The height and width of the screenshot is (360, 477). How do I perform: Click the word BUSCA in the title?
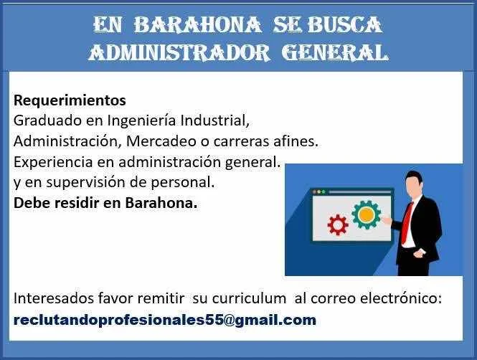(x=345, y=24)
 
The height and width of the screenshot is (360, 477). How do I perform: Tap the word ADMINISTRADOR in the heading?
(x=179, y=52)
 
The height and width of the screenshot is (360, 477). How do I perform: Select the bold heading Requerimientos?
(x=70, y=100)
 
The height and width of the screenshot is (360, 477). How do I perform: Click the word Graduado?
(x=48, y=120)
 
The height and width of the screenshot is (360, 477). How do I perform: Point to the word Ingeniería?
(x=141, y=120)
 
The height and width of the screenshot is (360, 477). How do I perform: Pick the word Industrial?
(x=215, y=120)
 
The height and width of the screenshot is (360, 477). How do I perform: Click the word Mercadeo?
(x=161, y=141)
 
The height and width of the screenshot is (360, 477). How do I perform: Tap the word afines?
(x=296, y=141)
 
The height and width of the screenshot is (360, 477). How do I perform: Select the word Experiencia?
(x=53, y=163)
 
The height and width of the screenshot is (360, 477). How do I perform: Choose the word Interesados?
(x=54, y=298)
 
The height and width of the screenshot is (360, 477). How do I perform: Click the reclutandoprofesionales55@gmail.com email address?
(x=165, y=320)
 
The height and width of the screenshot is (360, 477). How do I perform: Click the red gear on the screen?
(x=338, y=225)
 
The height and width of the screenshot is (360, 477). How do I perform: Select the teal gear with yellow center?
(x=367, y=215)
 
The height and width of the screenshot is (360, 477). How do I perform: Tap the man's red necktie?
(x=407, y=223)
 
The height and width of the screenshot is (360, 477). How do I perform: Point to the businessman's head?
(x=414, y=184)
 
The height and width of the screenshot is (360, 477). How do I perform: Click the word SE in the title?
(x=288, y=24)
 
